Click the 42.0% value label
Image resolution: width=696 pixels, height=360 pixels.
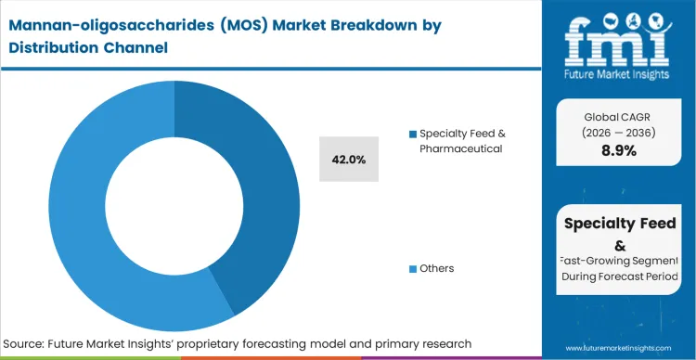tap(348, 160)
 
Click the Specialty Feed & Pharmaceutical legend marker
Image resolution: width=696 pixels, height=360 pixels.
tap(413, 134)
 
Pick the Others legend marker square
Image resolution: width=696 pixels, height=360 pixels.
tap(413, 269)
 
